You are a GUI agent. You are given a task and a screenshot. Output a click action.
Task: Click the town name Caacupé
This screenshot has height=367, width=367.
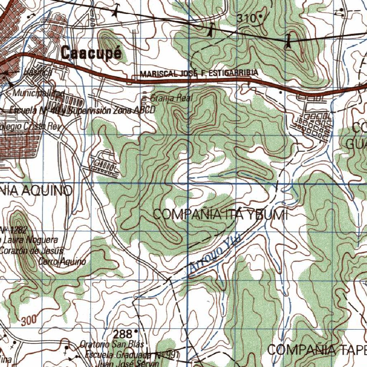(x=91, y=53)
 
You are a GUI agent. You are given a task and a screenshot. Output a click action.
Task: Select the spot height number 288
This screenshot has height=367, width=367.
(x=123, y=334)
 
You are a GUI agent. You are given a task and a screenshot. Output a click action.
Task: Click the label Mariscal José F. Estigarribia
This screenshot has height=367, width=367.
(x=199, y=73)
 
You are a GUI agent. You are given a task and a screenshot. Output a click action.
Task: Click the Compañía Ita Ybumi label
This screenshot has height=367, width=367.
(x=220, y=215)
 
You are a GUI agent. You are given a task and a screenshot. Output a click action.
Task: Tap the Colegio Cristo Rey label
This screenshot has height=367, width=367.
(x=30, y=127)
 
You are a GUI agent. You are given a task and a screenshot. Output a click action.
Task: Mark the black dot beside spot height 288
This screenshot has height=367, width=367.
(x=136, y=332)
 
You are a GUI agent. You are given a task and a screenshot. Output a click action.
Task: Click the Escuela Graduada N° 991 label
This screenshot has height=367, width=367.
(x=131, y=355)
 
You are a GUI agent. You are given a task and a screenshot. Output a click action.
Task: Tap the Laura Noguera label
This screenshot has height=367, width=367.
(x=30, y=239)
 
